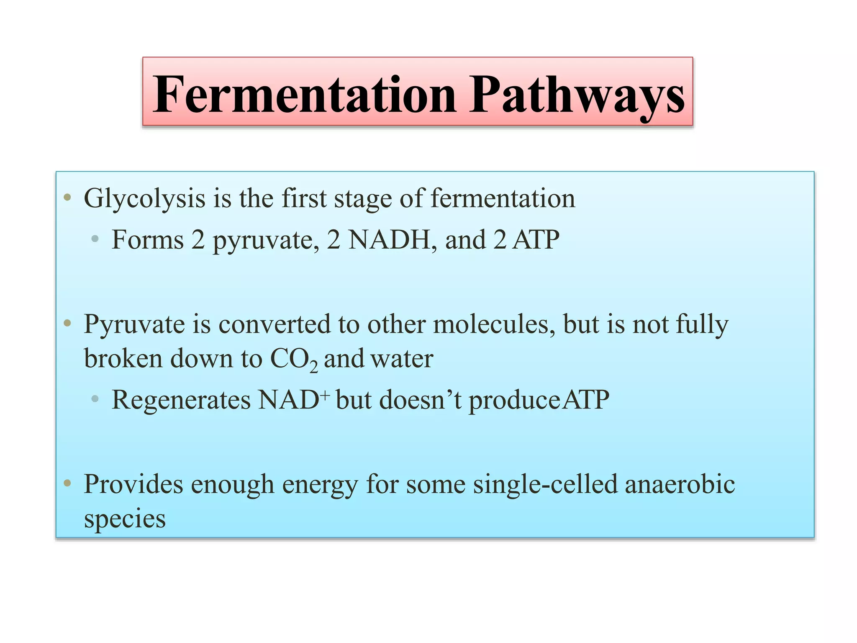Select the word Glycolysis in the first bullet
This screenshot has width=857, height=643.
(x=144, y=198)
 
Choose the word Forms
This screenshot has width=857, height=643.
(x=148, y=239)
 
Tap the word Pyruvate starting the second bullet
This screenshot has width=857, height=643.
(x=134, y=325)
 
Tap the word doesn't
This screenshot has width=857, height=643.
(x=420, y=399)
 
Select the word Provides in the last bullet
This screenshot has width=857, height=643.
(x=133, y=484)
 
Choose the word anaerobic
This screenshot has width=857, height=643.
(x=680, y=484)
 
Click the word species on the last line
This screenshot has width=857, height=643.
(x=125, y=520)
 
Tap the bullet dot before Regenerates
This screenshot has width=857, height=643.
(x=95, y=399)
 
